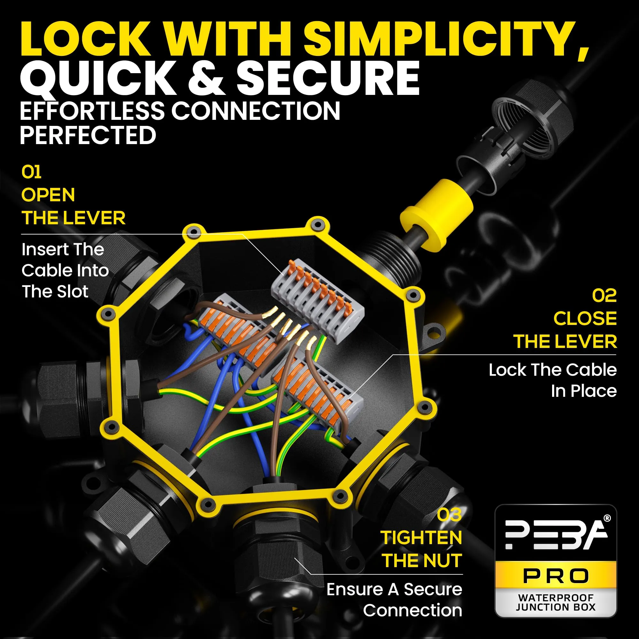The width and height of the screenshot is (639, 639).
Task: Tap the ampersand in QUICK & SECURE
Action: pyautogui.click(x=208, y=78)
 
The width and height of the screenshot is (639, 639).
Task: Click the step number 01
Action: pyautogui.click(x=31, y=172)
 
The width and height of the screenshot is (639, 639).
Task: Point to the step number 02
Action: pyautogui.click(x=604, y=295)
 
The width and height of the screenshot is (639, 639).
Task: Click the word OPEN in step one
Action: pyautogui.click(x=48, y=195)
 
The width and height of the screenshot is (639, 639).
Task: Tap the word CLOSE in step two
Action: pyautogui.click(x=585, y=319)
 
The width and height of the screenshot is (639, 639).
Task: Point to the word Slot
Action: pyautogui.click(x=73, y=292)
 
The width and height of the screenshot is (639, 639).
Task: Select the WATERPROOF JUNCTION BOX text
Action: pyautogui.click(x=556, y=602)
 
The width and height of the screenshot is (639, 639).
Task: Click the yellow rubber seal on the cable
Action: pyautogui.click(x=436, y=216)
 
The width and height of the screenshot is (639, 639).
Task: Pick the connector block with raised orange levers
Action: pyautogui.click(x=318, y=301)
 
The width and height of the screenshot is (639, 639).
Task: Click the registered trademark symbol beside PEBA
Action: pyautogui.click(x=607, y=519)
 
